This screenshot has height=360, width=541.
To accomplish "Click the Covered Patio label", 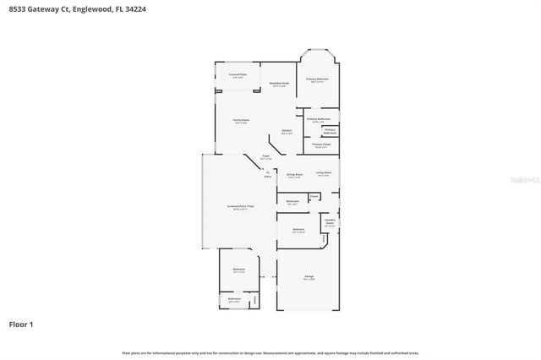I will [238, 75].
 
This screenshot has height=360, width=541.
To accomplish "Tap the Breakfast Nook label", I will [280, 84].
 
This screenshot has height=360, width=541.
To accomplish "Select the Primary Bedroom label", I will [318, 79].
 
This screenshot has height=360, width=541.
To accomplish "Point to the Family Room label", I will [242, 122].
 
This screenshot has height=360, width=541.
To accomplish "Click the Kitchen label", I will [287, 131].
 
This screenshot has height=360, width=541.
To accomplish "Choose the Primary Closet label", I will [321, 145].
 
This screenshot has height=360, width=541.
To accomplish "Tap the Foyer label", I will [265, 157].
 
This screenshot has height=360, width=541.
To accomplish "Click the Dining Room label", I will [295, 175].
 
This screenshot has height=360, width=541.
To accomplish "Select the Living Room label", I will [324, 174].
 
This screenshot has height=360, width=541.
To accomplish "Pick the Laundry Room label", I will [331, 223].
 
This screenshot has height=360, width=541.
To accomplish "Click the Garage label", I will [309, 277].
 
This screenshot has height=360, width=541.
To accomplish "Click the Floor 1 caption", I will [21, 324].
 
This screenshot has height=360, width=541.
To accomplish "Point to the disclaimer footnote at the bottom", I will [270, 352].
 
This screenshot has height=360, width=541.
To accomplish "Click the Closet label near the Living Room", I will [314, 196].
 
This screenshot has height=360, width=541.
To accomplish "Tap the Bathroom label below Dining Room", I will [292, 202].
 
